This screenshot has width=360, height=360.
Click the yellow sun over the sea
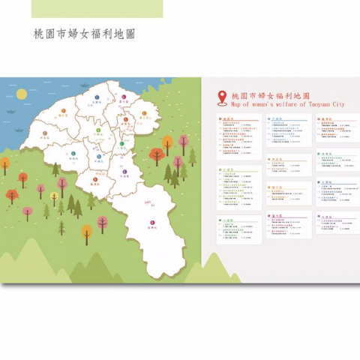coord(22,95)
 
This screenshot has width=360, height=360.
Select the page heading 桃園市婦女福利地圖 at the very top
coord(84,34)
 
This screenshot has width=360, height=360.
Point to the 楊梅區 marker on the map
coord(74,154)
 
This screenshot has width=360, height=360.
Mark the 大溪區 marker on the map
coord(124,171)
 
